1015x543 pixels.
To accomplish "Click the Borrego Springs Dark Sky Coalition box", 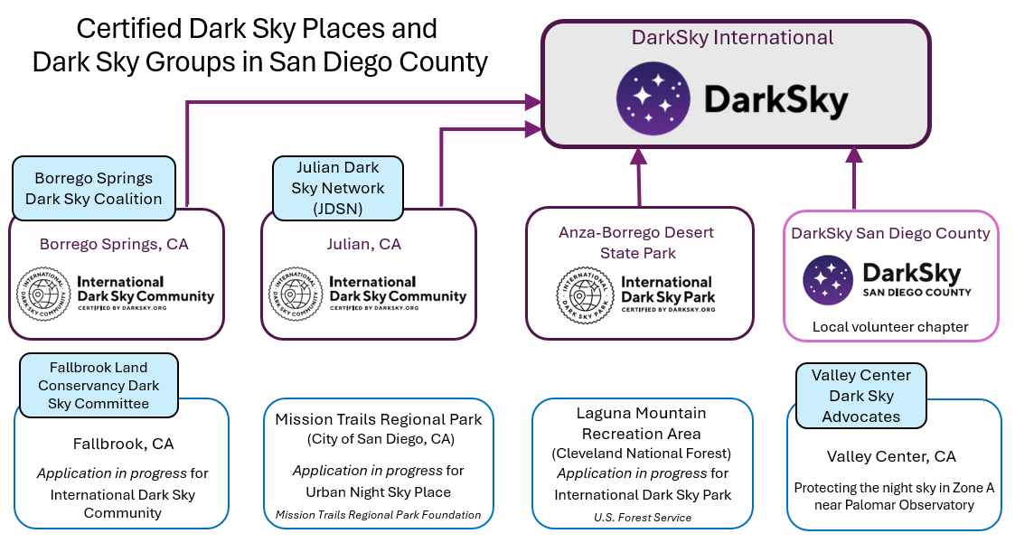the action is (94, 188).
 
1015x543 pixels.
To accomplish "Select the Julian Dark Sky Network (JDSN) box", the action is (338, 188).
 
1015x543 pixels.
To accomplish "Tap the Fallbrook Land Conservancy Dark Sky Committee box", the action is (99, 385).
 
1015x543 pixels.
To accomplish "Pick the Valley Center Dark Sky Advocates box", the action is (861, 396).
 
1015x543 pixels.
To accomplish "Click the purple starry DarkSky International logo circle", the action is (653, 98).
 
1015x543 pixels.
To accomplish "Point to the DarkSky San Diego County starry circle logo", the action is (828, 280).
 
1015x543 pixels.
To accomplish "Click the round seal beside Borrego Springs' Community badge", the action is (43, 295).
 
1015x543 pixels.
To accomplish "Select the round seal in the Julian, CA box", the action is (296, 295).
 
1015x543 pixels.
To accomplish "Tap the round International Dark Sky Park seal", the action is (585, 295).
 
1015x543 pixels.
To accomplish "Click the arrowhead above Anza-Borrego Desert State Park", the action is (639, 155).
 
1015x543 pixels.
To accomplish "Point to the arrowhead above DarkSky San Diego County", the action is (854, 155).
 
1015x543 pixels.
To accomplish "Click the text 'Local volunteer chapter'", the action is (890, 327).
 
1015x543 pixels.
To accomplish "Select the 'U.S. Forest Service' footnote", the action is (643, 517).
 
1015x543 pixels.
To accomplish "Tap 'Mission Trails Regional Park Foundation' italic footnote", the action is (378, 514).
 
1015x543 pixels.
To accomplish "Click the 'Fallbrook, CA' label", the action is (123, 444).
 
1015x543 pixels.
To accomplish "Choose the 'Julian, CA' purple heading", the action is (364, 244).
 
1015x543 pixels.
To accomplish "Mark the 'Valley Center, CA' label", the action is (891, 456).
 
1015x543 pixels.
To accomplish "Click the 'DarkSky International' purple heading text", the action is (732, 38).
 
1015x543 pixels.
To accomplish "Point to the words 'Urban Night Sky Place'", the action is (378, 492).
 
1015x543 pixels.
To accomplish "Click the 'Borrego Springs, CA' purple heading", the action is (114, 244).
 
